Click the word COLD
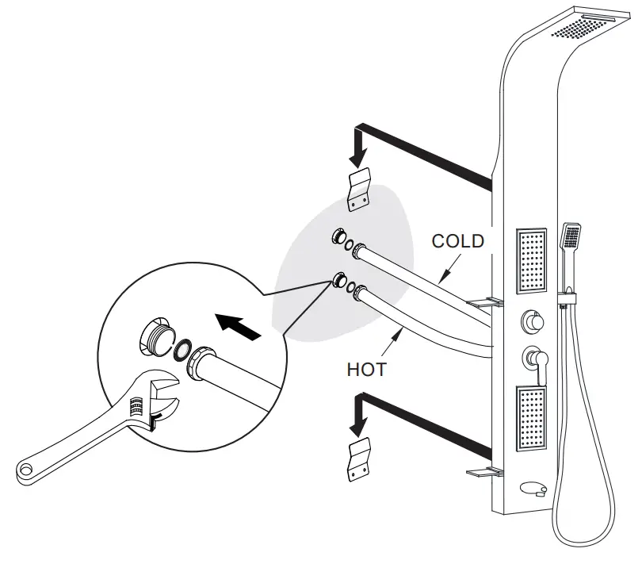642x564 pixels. point(457,241)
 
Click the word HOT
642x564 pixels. point(365,369)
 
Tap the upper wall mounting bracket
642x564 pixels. point(360,190)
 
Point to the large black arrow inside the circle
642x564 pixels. point(239,325)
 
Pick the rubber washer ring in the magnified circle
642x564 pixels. point(183,348)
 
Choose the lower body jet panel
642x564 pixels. point(532,416)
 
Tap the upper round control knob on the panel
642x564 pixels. point(531,322)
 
